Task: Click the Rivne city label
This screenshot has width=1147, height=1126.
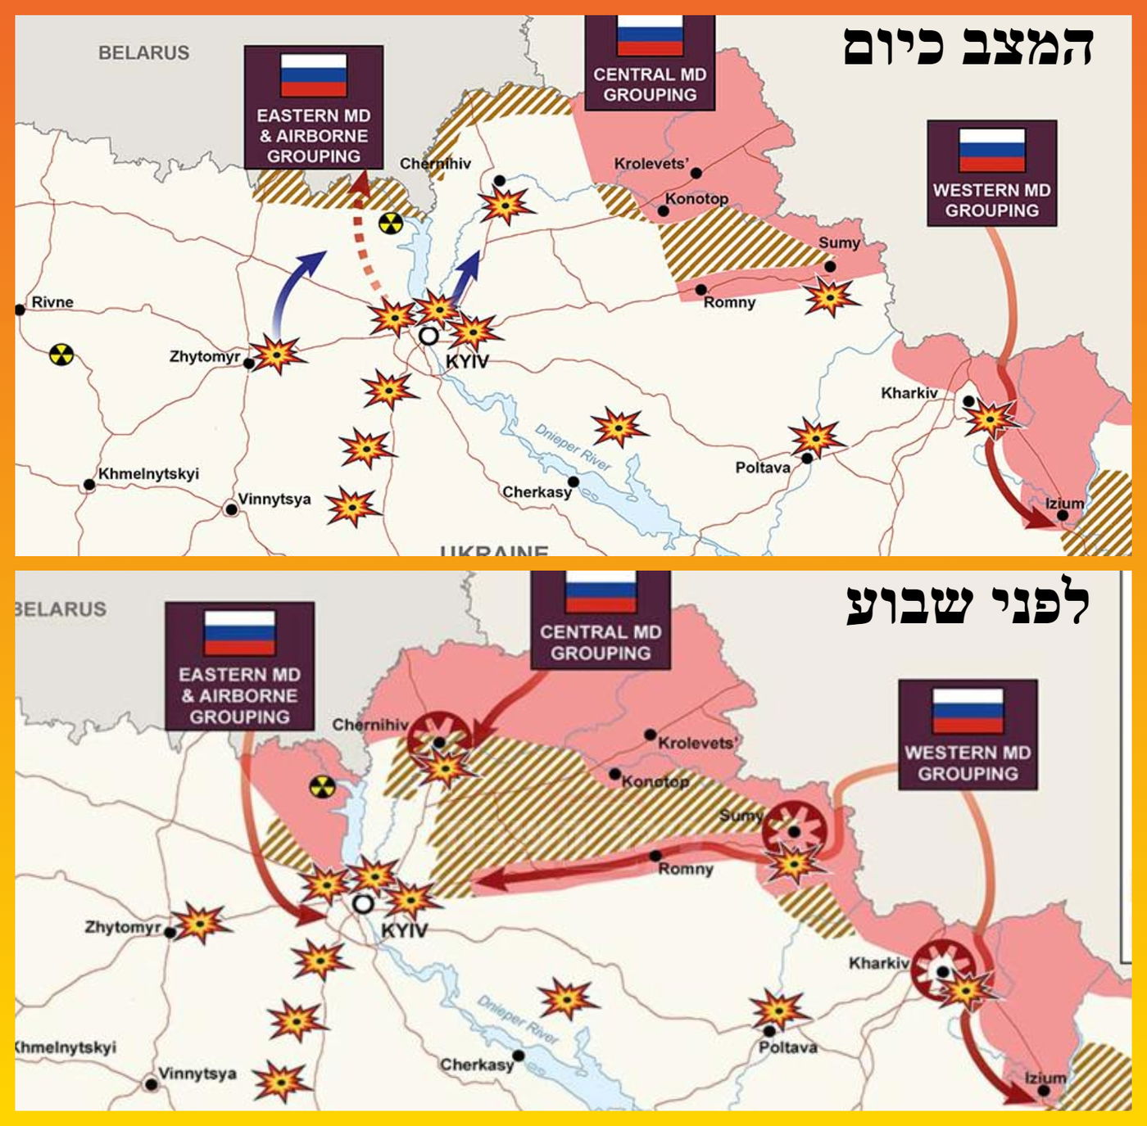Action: tap(52, 302)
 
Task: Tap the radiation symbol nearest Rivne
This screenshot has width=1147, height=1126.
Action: tap(61, 355)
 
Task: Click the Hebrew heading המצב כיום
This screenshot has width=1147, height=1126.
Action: tap(968, 47)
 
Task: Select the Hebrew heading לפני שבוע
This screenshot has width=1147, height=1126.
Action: tap(968, 605)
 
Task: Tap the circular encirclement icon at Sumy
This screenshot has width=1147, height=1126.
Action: tap(793, 832)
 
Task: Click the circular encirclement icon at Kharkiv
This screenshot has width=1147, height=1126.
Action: tap(943, 970)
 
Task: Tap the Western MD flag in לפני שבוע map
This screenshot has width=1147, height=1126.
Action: tap(968, 711)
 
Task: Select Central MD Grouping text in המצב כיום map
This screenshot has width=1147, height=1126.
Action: tap(650, 84)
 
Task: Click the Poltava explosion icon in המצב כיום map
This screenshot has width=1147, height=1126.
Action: tap(814, 438)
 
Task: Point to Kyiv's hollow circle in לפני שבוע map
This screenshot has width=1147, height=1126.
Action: tap(363, 904)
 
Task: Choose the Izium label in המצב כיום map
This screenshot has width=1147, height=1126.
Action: tap(1064, 503)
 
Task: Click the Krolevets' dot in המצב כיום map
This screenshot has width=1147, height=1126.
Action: tap(696, 173)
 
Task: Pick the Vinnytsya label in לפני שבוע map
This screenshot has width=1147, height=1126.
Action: tap(197, 1073)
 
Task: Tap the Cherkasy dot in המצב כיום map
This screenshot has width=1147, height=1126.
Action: tap(573, 482)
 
